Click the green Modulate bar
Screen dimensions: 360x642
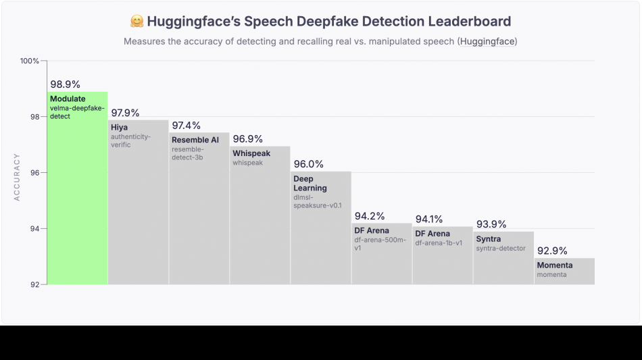(x=77, y=203)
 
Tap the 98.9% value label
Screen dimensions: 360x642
(x=65, y=84)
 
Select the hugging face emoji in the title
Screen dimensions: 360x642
(x=137, y=22)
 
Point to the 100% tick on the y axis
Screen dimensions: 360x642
(x=30, y=61)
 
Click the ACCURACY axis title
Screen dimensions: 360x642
(x=17, y=177)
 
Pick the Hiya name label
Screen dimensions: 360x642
(x=120, y=127)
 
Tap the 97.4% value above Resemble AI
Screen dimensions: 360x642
(x=186, y=126)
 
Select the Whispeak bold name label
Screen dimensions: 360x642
(x=251, y=153)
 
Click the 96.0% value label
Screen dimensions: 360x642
(x=308, y=164)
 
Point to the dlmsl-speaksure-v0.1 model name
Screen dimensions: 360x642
(x=318, y=201)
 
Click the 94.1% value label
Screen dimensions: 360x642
(x=429, y=219)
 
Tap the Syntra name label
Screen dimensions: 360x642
(x=489, y=239)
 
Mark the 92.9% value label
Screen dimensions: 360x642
(x=552, y=251)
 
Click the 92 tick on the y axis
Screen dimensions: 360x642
(x=34, y=284)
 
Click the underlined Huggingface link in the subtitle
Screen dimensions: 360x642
(x=487, y=42)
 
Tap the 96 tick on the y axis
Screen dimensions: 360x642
(x=34, y=172)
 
